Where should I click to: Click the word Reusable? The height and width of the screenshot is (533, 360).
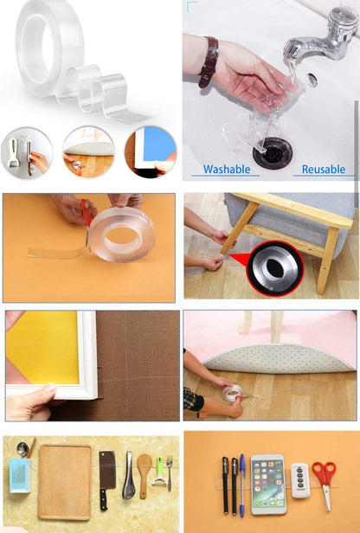pyautogui.click(x=323, y=170)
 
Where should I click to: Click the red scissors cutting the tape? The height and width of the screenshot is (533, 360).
pyautogui.click(x=87, y=216)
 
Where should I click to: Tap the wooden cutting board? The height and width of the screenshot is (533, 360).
pyautogui.click(x=64, y=481)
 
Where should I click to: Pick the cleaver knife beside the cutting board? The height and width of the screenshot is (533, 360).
pyautogui.click(x=106, y=476)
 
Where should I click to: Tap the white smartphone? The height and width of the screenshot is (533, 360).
pyautogui.click(x=267, y=485)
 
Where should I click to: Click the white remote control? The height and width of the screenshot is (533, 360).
pyautogui.click(x=299, y=480)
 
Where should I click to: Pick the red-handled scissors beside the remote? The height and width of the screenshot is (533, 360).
pyautogui.click(x=324, y=481)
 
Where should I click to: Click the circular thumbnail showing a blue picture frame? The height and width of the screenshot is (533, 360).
pyautogui.click(x=150, y=152)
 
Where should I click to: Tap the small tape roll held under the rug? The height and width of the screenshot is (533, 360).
pyautogui.click(x=232, y=394)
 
